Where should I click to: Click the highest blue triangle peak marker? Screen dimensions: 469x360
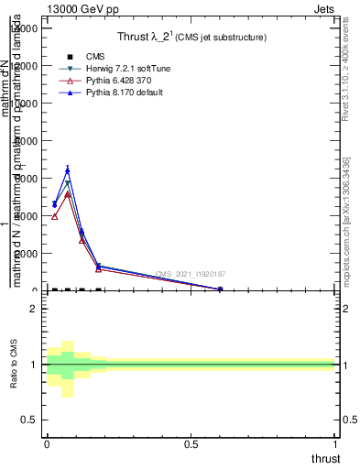[68, 169]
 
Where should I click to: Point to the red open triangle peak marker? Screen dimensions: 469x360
[68, 194]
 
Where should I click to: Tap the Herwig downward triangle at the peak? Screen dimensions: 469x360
[68, 183]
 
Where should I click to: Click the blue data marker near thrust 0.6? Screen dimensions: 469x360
[220, 289]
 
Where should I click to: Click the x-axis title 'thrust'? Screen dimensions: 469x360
[324, 459]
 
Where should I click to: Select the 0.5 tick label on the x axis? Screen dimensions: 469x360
[191, 444]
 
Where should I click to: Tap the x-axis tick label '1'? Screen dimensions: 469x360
[335, 444]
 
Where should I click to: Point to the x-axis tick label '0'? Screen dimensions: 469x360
[47, 444]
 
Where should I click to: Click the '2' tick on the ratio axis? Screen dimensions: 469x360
[34, 309]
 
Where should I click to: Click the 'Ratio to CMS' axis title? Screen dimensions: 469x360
[14, 364]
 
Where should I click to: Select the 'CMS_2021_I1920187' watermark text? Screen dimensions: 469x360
[191, 274]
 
